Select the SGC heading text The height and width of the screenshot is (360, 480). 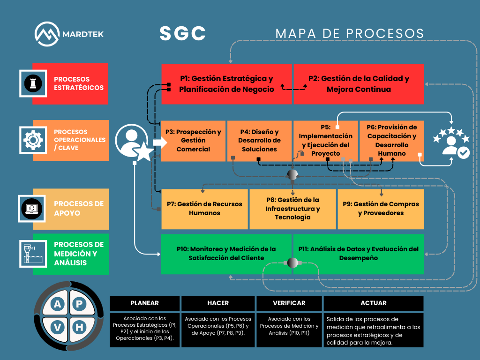pyautogui.click(x=183, y=33)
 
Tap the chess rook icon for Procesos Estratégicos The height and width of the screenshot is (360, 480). pyautogui.click(x=33, y=83)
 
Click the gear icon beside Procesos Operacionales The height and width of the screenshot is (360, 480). pyautogui.click(x=33, y=139)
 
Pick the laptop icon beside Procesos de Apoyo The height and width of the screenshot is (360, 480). pyautogui.click(x=33, y=209)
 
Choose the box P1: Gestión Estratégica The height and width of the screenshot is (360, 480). pyautogui.click(x=226, y=84)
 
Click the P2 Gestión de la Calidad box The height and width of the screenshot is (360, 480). pyautogui.click(x=359, y=84)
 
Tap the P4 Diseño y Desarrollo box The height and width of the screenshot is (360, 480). pyautogui.click(x=259, y=141)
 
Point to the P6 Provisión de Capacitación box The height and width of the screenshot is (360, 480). pyautogui.click(x=391, y=140)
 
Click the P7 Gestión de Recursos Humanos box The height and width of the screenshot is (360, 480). pyautogui.click(x=204, y=209)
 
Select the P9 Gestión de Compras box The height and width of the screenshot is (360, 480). pyautogui.click(x=381, y=209)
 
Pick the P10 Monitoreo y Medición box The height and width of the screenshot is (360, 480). pyautogui.click(x=226, y=254)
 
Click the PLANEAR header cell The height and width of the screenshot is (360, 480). pyautogui.click(x=144, y=303)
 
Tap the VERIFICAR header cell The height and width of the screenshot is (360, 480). pyautogui.click(x=289, y=303)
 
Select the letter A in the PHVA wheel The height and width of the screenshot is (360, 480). pyautogui.click(x=57, y=305)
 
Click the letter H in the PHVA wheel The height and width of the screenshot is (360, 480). pyautogui.click(x=79, y=327)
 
